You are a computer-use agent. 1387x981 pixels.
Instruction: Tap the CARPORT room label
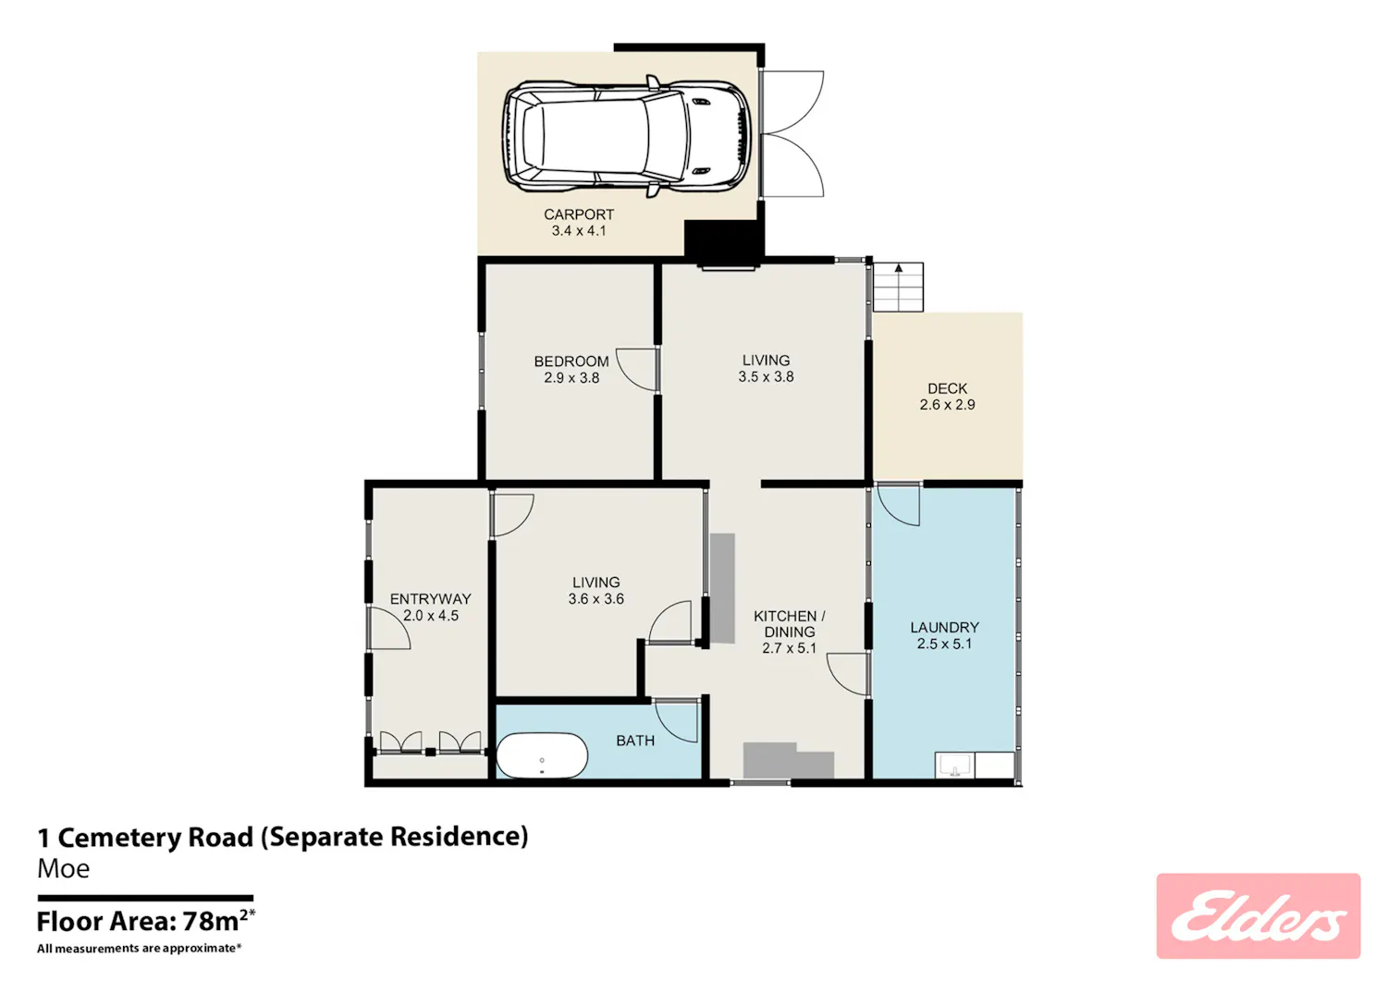[579, 215]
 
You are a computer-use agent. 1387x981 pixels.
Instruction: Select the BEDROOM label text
[571, 362]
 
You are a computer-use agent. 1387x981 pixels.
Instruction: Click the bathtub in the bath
[542, 755]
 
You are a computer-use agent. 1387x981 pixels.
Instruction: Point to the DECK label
[948, 388]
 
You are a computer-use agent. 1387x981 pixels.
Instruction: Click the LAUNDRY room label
[944, 628]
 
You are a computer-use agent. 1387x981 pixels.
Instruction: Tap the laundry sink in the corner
[954, 765]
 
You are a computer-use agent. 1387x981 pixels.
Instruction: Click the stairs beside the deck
[898, 287]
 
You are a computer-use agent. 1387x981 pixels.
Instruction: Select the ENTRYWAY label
[430, 599]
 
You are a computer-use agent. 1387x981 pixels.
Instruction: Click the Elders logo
[1258, 916]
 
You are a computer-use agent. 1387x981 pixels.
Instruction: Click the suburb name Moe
[63, 869]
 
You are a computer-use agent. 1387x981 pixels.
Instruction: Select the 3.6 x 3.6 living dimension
[595, 599]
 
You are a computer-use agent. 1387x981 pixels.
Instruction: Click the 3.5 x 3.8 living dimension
[766, 376]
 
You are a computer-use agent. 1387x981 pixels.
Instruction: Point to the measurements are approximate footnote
[140, 948]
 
